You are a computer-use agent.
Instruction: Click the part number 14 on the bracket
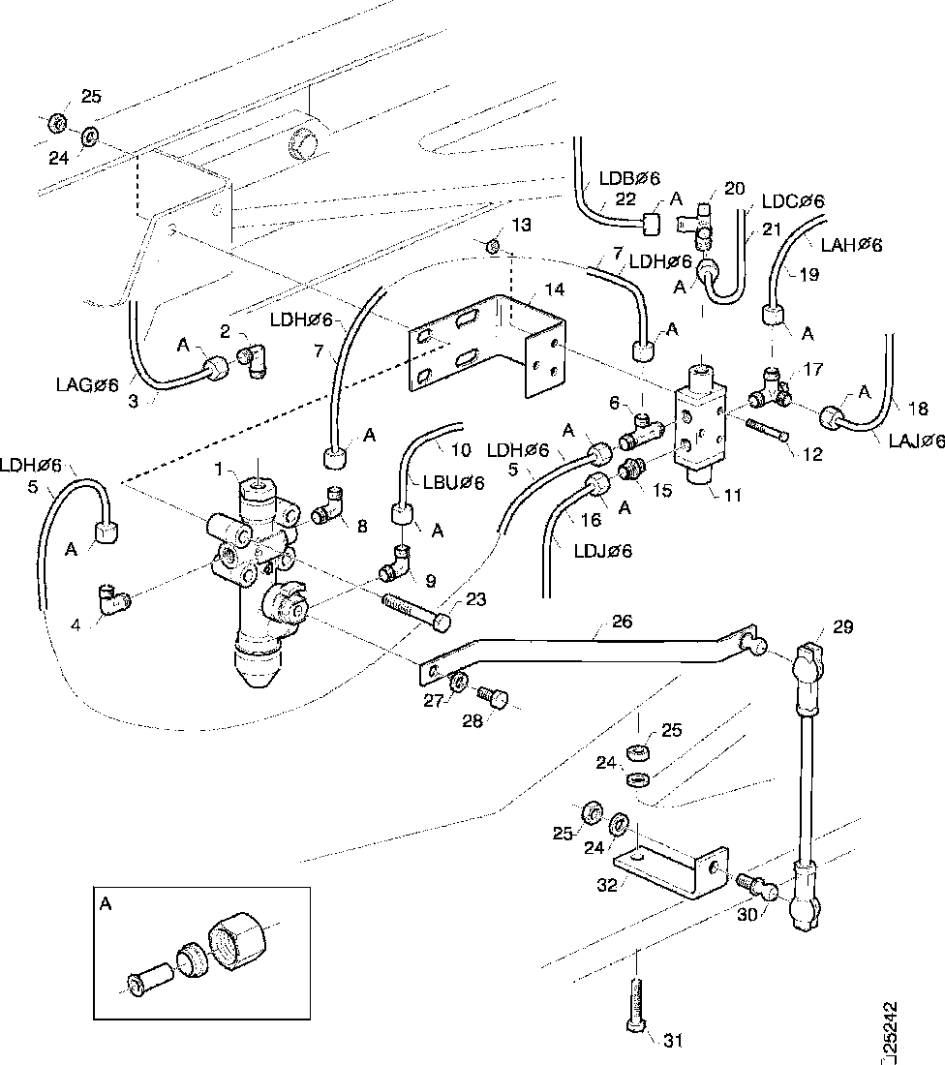coord(553,289)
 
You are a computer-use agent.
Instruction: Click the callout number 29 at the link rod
coord(842,627)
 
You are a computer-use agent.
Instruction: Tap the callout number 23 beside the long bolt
coord(474,599)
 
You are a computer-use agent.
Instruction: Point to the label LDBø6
coord(629,178)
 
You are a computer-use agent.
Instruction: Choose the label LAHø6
coord(851,246)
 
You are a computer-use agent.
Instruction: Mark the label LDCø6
coord(792,201)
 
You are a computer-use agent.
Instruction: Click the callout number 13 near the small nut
coord(522,226)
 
